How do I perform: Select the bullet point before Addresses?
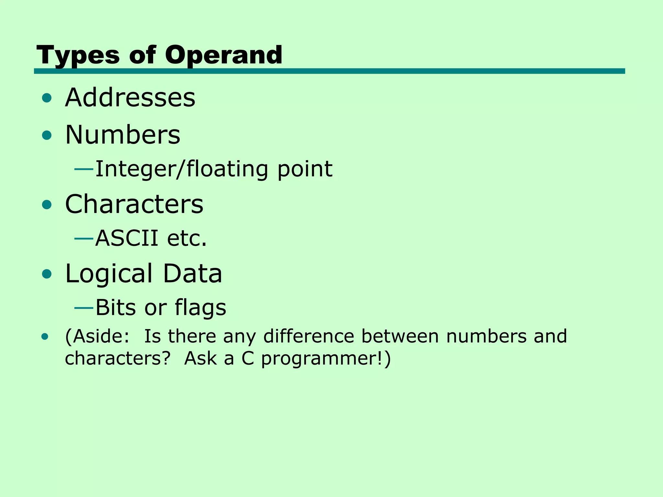(47, 98)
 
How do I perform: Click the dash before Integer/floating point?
(84, 169)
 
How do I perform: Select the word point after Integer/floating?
(305, 170)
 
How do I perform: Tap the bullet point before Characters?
(47, 204)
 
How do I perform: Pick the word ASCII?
(127, 238)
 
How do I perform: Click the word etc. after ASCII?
(187, 238)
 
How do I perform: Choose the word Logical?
(109, 274)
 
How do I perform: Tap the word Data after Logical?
(192, 274)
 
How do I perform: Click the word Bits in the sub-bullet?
(115, 307)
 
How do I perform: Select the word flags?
(200, 308)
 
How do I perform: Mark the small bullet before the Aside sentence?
(45, 337)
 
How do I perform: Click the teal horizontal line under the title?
(329, 71)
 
